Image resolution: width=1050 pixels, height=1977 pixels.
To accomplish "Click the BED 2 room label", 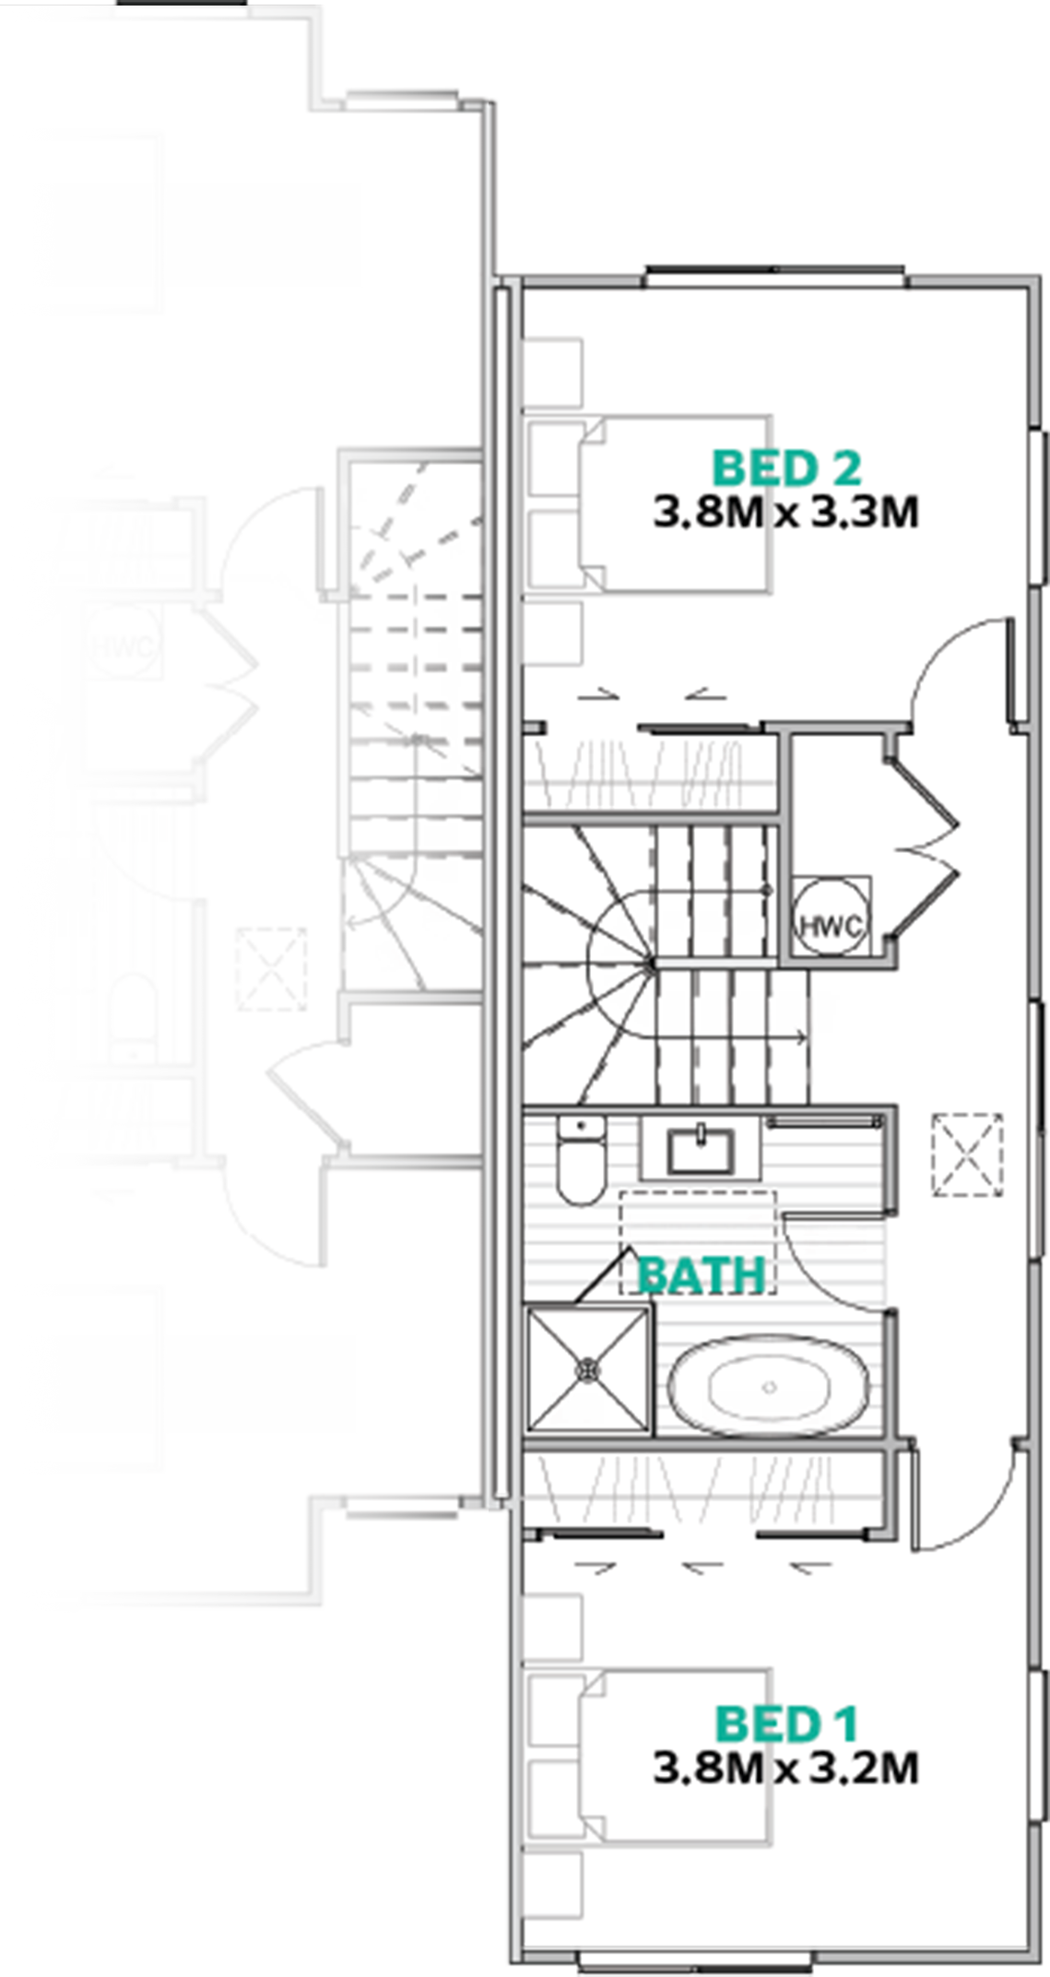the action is pos(786,468).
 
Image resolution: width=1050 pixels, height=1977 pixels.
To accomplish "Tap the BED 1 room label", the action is pos(786,1724).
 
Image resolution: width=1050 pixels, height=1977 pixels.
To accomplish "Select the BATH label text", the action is pos(702,1275).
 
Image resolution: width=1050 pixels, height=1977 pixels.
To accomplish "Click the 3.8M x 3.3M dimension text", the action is pos(786,513).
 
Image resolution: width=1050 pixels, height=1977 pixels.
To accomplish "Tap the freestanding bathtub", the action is pos(768,1387).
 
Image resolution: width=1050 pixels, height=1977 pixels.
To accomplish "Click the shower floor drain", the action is pos(587,1371).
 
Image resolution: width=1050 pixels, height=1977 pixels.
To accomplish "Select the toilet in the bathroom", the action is pos(582,1160).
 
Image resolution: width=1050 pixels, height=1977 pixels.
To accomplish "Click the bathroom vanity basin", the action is pos(702,1150).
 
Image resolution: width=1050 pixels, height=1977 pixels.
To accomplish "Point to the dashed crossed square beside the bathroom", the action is pos(967,1156).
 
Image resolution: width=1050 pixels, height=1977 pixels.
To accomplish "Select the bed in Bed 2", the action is pos(648,503).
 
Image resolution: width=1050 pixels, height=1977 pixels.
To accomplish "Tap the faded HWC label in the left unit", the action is pos(124,646).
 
